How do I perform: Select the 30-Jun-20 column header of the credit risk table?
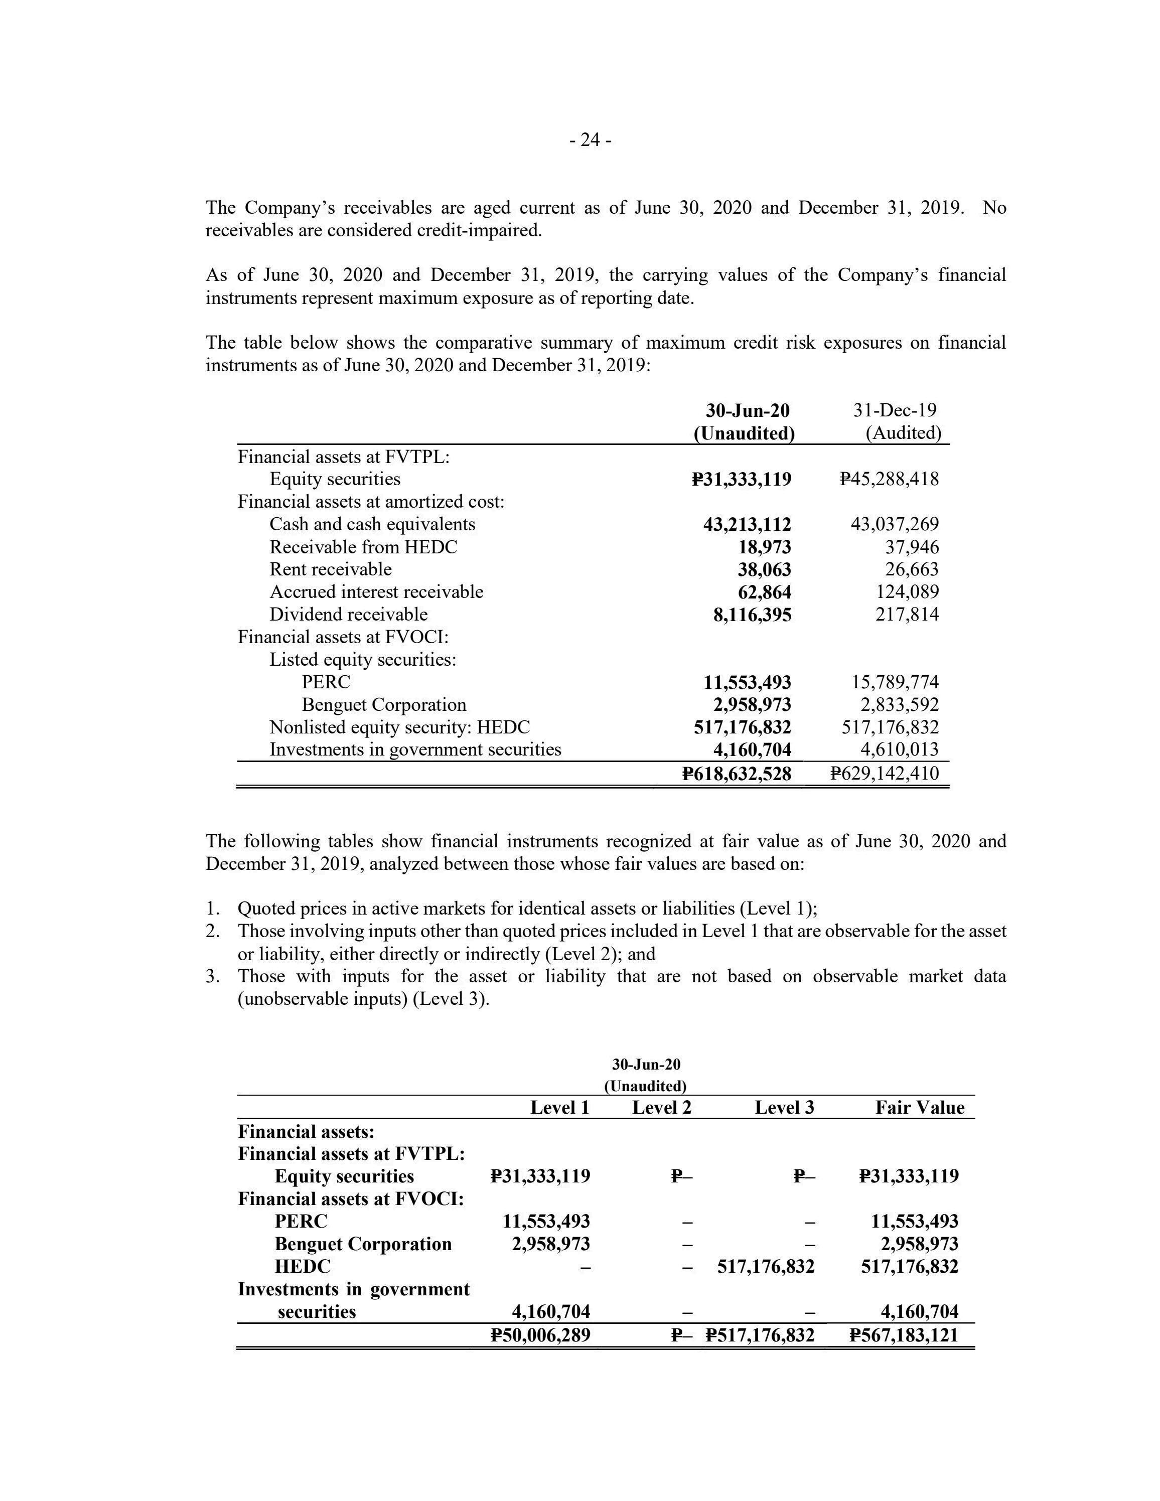(748, 410)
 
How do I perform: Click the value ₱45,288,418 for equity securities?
(889, 479)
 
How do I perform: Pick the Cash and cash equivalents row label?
(372, 524)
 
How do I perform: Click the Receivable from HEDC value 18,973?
(764, 547)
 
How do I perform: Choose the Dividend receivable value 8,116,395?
(753, 615)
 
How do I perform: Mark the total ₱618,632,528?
(737, 774)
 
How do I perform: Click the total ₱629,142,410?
(885, 774)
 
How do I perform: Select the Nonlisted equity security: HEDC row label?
(399, 727)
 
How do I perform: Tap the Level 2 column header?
(661, 1107)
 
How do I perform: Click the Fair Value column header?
(920, 1107)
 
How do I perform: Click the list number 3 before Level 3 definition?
(212, 977)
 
